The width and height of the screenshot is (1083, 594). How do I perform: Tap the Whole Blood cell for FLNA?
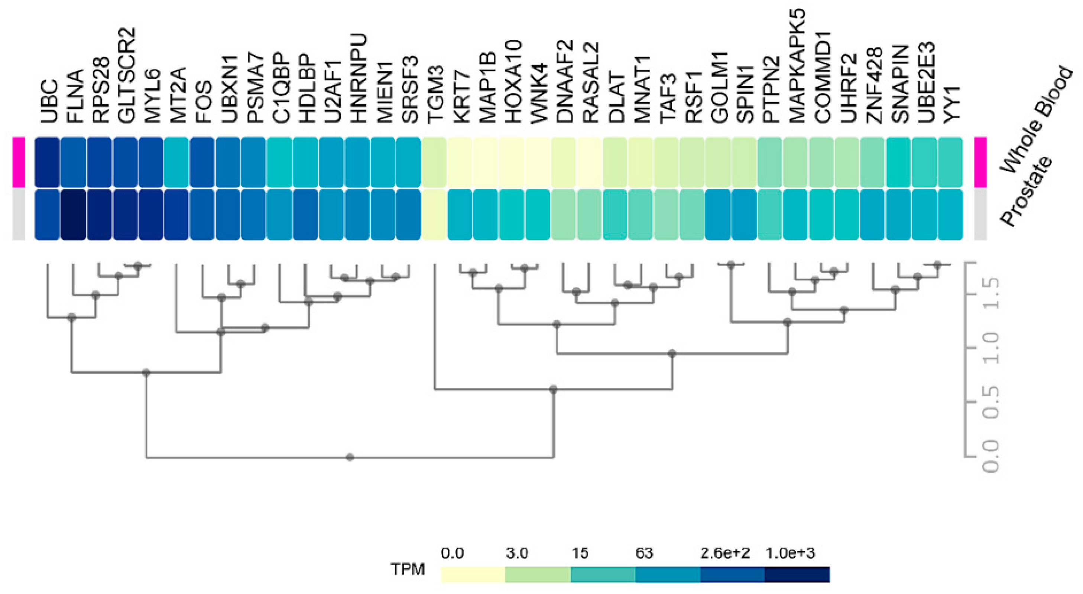[73, 162]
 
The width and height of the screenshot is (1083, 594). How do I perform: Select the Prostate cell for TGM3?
[434, 215]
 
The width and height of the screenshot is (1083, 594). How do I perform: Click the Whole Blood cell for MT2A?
[176, 162]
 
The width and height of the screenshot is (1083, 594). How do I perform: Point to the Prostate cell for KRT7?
[460, 215]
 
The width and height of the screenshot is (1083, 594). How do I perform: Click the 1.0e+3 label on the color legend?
[790, 553]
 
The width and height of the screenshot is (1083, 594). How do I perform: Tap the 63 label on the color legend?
[644, 553]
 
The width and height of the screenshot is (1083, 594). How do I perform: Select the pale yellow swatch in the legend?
[473, 574]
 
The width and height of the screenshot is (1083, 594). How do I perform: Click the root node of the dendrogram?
[350, 457]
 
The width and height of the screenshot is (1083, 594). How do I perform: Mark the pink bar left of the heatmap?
[19, 162]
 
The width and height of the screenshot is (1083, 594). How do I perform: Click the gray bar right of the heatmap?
[980, 215]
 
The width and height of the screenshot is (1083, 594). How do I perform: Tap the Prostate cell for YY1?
[950, 215]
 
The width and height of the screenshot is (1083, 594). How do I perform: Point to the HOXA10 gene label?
[513, 82]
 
